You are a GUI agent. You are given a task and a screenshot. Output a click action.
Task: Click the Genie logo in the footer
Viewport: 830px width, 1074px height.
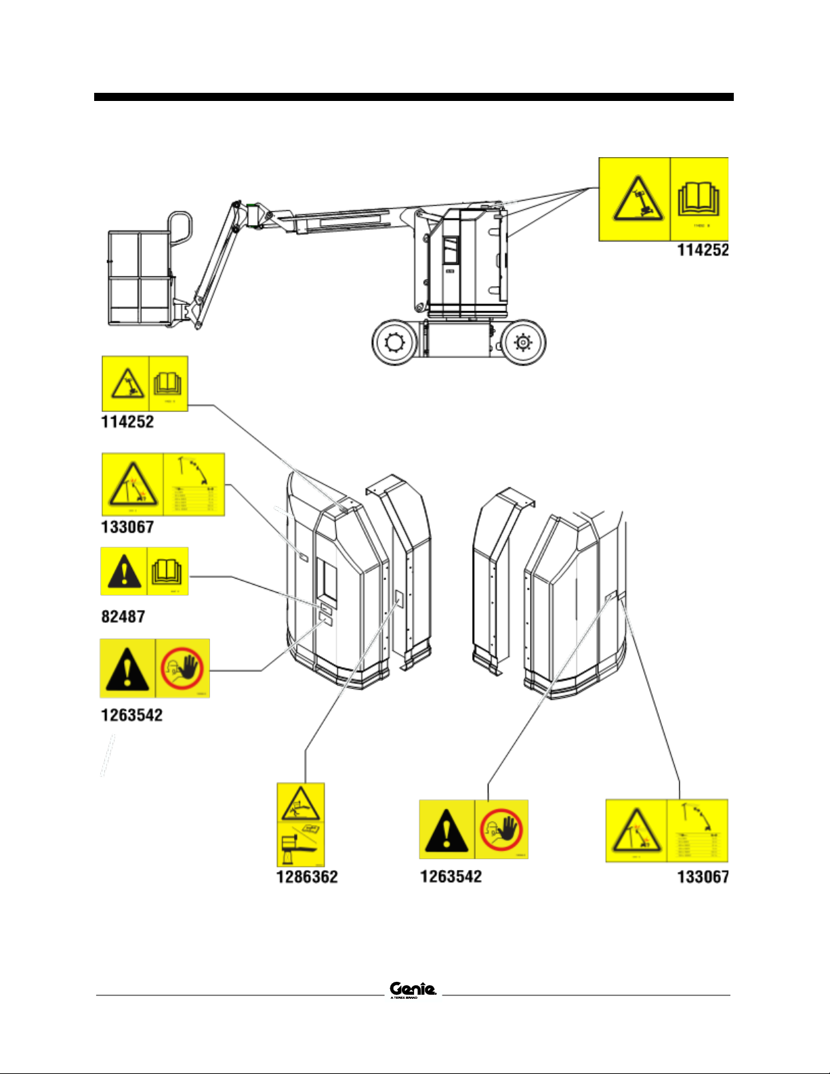pos(413,989)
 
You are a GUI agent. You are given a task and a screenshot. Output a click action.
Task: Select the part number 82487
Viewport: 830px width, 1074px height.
pos(123,617)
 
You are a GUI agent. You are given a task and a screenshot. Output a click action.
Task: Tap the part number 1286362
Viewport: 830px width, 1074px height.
pos(306,877)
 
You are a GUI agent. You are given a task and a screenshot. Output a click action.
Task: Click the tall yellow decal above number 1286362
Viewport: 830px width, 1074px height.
pos(301,825)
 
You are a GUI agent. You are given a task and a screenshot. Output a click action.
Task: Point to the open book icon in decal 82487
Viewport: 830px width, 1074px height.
pos(166,571)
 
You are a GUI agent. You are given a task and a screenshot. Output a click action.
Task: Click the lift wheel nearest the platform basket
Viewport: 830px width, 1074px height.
pos(394,342)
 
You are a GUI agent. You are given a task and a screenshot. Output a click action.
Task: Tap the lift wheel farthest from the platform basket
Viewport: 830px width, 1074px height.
pos(522,342)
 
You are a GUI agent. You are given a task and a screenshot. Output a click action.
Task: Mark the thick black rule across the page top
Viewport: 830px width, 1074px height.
pos(413,97)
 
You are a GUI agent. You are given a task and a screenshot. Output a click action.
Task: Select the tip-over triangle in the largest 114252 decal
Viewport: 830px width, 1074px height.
pos(634,199)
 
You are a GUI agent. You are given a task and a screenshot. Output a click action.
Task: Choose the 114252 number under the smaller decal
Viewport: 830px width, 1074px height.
pos(127,422)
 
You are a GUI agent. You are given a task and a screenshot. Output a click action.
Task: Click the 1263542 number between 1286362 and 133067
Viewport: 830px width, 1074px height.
pos(451,877)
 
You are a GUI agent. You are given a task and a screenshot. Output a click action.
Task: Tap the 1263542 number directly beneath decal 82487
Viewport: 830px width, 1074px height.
pos(131,715)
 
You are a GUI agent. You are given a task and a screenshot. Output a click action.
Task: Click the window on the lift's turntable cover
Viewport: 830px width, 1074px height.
pos(450,250)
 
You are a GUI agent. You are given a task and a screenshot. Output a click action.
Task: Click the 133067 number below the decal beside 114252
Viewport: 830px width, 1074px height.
pos(127,526)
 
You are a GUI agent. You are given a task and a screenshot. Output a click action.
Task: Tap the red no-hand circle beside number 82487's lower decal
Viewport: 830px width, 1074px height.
pos(182,667)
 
